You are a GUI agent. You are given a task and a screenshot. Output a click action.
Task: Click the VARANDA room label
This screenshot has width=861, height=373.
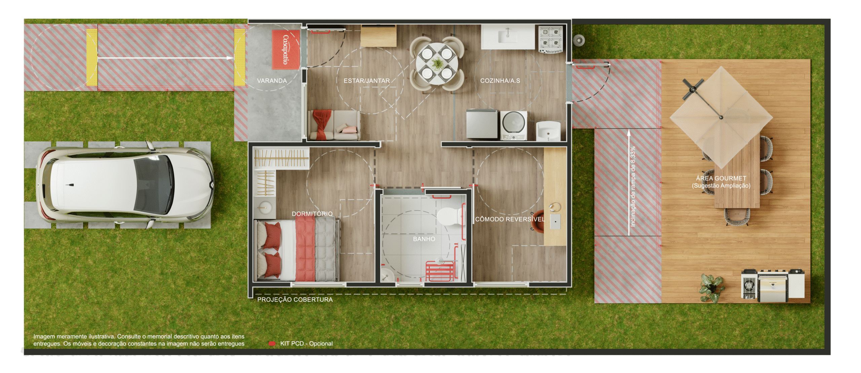tap(272, 81)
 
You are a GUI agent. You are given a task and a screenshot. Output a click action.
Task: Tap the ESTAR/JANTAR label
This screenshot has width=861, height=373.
tap(367, 81)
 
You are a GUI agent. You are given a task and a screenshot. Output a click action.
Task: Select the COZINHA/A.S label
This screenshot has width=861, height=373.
tap(500, 81)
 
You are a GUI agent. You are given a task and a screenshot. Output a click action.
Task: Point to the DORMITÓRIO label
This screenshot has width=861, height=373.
tap(312, 214)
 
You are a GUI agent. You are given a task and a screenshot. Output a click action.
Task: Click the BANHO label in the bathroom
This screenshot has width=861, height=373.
tap(424, 239)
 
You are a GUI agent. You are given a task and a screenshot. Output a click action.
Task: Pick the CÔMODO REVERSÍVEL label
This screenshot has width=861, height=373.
tap(510, 219)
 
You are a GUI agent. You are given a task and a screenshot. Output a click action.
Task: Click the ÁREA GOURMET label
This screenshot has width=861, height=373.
tap(721, 178)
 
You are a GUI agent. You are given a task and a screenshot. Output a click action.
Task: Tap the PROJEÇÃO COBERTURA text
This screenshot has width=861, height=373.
tap(295, 300)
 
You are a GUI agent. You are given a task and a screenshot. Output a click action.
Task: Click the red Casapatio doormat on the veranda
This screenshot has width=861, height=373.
tap(286, 50)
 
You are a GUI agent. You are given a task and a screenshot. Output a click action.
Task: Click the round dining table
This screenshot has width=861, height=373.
tap(437, 63)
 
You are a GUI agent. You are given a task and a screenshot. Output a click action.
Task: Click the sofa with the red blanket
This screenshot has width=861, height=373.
tap(334, 125)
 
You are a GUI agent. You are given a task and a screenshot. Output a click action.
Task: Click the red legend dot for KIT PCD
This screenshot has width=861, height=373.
tap(272, 343)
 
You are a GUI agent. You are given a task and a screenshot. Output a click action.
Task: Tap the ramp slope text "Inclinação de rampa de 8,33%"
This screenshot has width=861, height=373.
tap(633, 186)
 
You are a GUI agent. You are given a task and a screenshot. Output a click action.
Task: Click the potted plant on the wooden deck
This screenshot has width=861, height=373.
tap(712, 287)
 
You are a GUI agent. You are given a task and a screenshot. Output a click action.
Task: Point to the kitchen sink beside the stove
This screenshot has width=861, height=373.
tap(508, 36)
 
